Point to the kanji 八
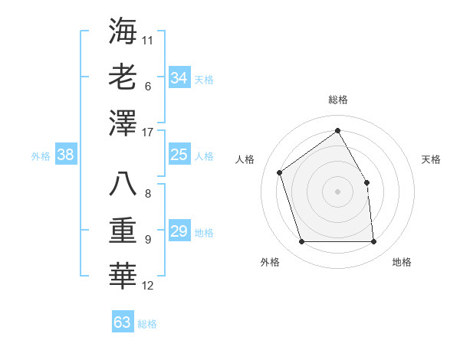[123, 185]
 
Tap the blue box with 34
[179, 78]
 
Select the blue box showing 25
[179, 155]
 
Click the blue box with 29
[179, 232]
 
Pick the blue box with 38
[66, 155]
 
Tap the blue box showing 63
[122, 322]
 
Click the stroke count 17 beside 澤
[149, 133]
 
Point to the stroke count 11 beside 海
[148, 39]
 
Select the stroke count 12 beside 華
[148, 286]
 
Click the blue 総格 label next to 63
[147, 324]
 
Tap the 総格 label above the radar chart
[337, 100]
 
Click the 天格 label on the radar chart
[431, 159]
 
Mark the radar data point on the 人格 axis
[280, 172]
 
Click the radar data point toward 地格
[373, 242]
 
